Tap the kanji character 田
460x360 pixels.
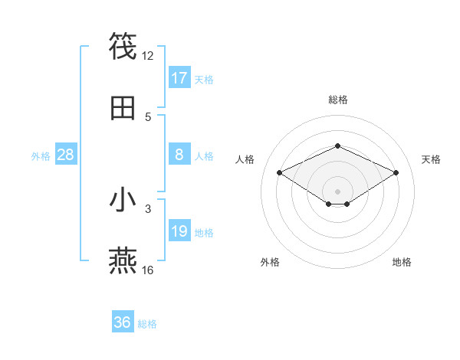point(123,108)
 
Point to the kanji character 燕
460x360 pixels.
point(123,261)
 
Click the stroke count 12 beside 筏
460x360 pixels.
point(148,56)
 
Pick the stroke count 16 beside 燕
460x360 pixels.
point(148,270)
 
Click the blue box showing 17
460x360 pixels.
point(179,78)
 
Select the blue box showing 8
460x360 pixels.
point(179,155)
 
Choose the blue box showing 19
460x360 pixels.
point(179,231)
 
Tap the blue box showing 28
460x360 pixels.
point(66,155)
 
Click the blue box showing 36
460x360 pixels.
point(123,322)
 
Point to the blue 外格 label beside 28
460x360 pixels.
point(41,156)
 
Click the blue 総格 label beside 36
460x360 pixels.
point(147,324)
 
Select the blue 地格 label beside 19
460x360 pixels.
point(204,233)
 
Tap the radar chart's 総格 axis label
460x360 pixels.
point(337,100)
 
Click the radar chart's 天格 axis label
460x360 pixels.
point(431,159)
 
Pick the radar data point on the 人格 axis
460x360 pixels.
point(280,172)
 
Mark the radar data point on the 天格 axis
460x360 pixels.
point(396,172)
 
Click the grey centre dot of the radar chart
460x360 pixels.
point(337,191)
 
